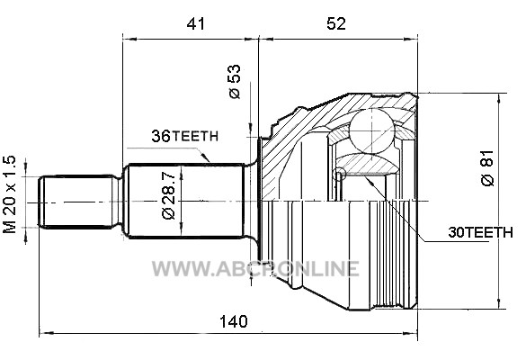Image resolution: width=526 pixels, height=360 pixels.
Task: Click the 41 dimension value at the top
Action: click(196, 23)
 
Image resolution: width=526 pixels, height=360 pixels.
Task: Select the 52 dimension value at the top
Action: click(336, 23)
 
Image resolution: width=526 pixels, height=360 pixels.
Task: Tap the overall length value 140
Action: click(234, 321)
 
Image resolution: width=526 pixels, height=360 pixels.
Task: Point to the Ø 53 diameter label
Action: click(236, 81)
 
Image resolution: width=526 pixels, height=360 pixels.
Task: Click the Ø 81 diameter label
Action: click(487, 167)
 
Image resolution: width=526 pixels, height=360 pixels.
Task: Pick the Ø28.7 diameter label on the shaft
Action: click(169, 196)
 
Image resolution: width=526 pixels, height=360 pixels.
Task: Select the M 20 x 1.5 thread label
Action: click(9, 194)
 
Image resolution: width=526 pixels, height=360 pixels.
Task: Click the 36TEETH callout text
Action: click(185, 136)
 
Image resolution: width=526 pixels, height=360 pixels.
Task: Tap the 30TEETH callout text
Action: click(480, 232)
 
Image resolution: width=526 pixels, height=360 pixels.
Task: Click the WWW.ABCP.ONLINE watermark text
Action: click(255, 269)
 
